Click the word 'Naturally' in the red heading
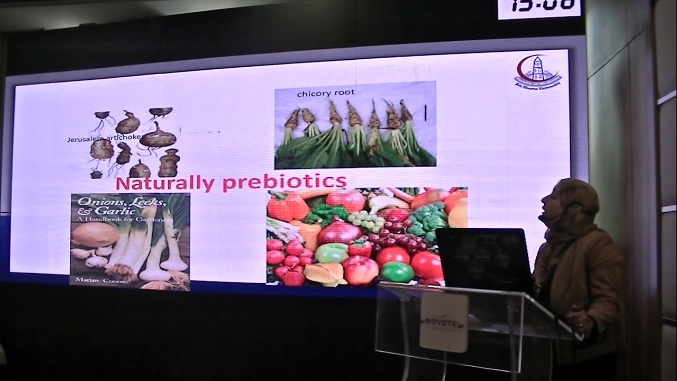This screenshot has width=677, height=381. coord(164,184)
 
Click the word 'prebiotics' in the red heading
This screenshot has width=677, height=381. coord(285,182)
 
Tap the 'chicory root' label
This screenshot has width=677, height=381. coord(326,94)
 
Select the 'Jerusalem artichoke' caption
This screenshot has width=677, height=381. coord(104,139)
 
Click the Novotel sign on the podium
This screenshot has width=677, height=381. coord(444,322)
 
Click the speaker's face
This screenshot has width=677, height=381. coord(550,204)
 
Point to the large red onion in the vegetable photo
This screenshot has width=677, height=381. coord(339,232)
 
